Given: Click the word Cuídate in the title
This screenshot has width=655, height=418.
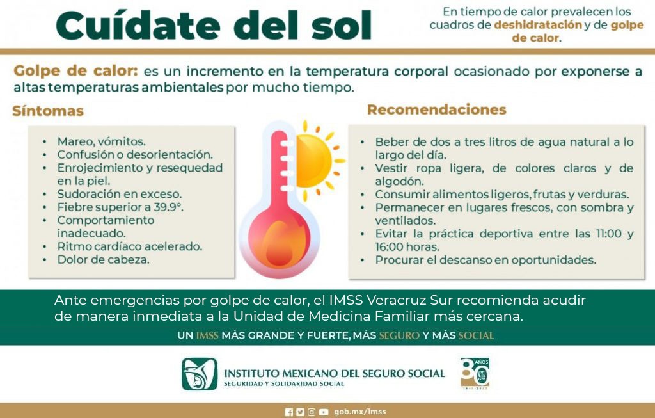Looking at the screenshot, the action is click(138, 26).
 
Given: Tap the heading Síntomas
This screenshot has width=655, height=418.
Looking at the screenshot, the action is click(48, 111).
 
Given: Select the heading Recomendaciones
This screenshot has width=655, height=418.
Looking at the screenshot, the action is click(436, 109).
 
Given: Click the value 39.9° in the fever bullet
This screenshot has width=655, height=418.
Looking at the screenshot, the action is click(169, 207).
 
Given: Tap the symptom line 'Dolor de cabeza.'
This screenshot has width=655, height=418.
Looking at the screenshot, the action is click(103, 260).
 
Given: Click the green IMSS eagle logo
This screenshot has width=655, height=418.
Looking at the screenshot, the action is click(200, 374).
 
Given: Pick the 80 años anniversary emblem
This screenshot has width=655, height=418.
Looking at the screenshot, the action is click(475, 373).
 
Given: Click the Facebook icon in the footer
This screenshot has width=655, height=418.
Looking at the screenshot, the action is click(288, 412).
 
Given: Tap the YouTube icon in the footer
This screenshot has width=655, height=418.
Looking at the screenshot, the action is click(323, 412).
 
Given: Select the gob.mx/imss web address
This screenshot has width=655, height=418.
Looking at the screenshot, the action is click(359, 412).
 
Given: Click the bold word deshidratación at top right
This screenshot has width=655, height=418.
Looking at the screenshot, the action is click(538, 25).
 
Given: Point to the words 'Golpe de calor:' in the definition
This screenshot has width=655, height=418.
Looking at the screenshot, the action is click(75, 70).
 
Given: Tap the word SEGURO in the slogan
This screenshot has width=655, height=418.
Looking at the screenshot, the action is click(399, 335).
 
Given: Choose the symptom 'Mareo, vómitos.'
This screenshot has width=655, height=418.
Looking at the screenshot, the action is click(102, 141).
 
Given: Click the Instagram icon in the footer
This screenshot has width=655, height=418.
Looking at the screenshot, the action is click(312, 412).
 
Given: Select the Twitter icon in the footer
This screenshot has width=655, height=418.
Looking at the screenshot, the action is click(300, 412).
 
